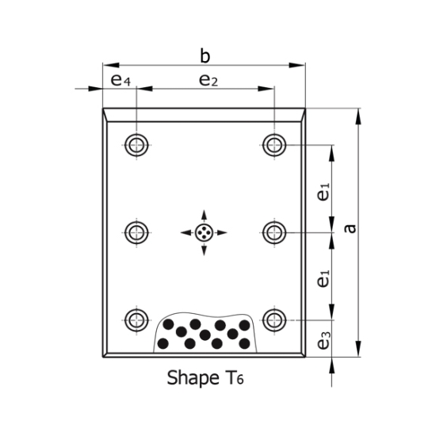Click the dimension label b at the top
205,55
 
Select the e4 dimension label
120,79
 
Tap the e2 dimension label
208,79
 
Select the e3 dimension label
323,342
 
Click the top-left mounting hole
136,144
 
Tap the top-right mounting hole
274,144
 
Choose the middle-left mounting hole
136,232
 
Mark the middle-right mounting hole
274,232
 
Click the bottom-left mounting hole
136,319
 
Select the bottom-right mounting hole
274,319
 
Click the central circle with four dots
205,232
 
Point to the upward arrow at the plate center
205,216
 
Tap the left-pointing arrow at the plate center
187,232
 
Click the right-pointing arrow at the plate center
221,232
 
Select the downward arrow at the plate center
205,249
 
